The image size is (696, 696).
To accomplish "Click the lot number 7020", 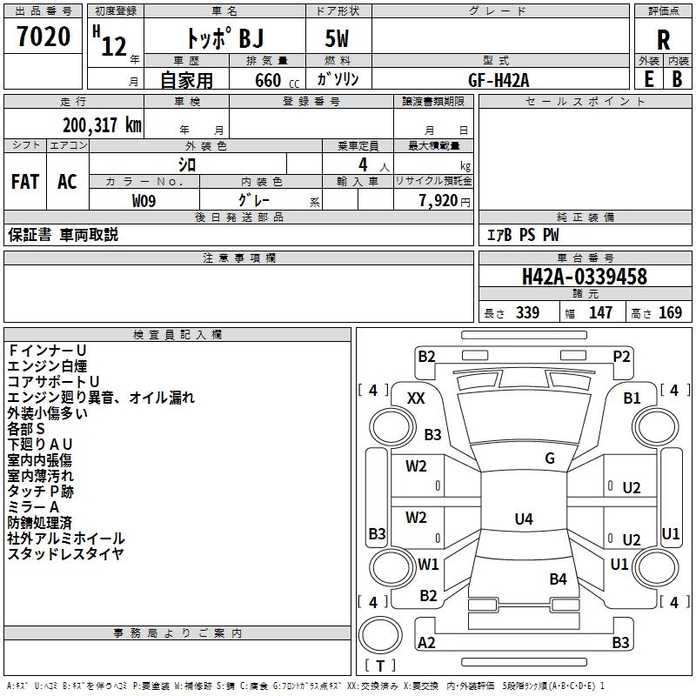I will click(43, 37).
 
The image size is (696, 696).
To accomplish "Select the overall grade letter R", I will click(663, 39).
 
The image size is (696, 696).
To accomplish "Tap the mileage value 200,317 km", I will click(102, 125).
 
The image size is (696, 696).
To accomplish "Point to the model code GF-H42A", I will click(499, 78).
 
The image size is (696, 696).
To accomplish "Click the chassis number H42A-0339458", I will click(584, 277).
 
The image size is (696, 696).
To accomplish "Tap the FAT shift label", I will click(25, 181).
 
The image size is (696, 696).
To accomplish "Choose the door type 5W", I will click(338, 40).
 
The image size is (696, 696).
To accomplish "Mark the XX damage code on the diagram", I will click(416, 398).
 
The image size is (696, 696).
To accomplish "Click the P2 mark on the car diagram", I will click(621, 356).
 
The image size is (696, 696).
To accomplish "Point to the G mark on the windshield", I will click(550, 458).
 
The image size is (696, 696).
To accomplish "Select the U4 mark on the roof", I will click(523, 519).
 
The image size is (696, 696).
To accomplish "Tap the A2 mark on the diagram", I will click(426, 643).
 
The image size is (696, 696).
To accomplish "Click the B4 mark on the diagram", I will click(558, 579).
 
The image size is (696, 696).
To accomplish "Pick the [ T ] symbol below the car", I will click(380, 666).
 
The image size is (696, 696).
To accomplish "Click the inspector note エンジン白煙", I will click(47, 365).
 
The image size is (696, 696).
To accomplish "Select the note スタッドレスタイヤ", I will click(65, 553).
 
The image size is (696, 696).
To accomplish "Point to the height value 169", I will click(670, 312).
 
